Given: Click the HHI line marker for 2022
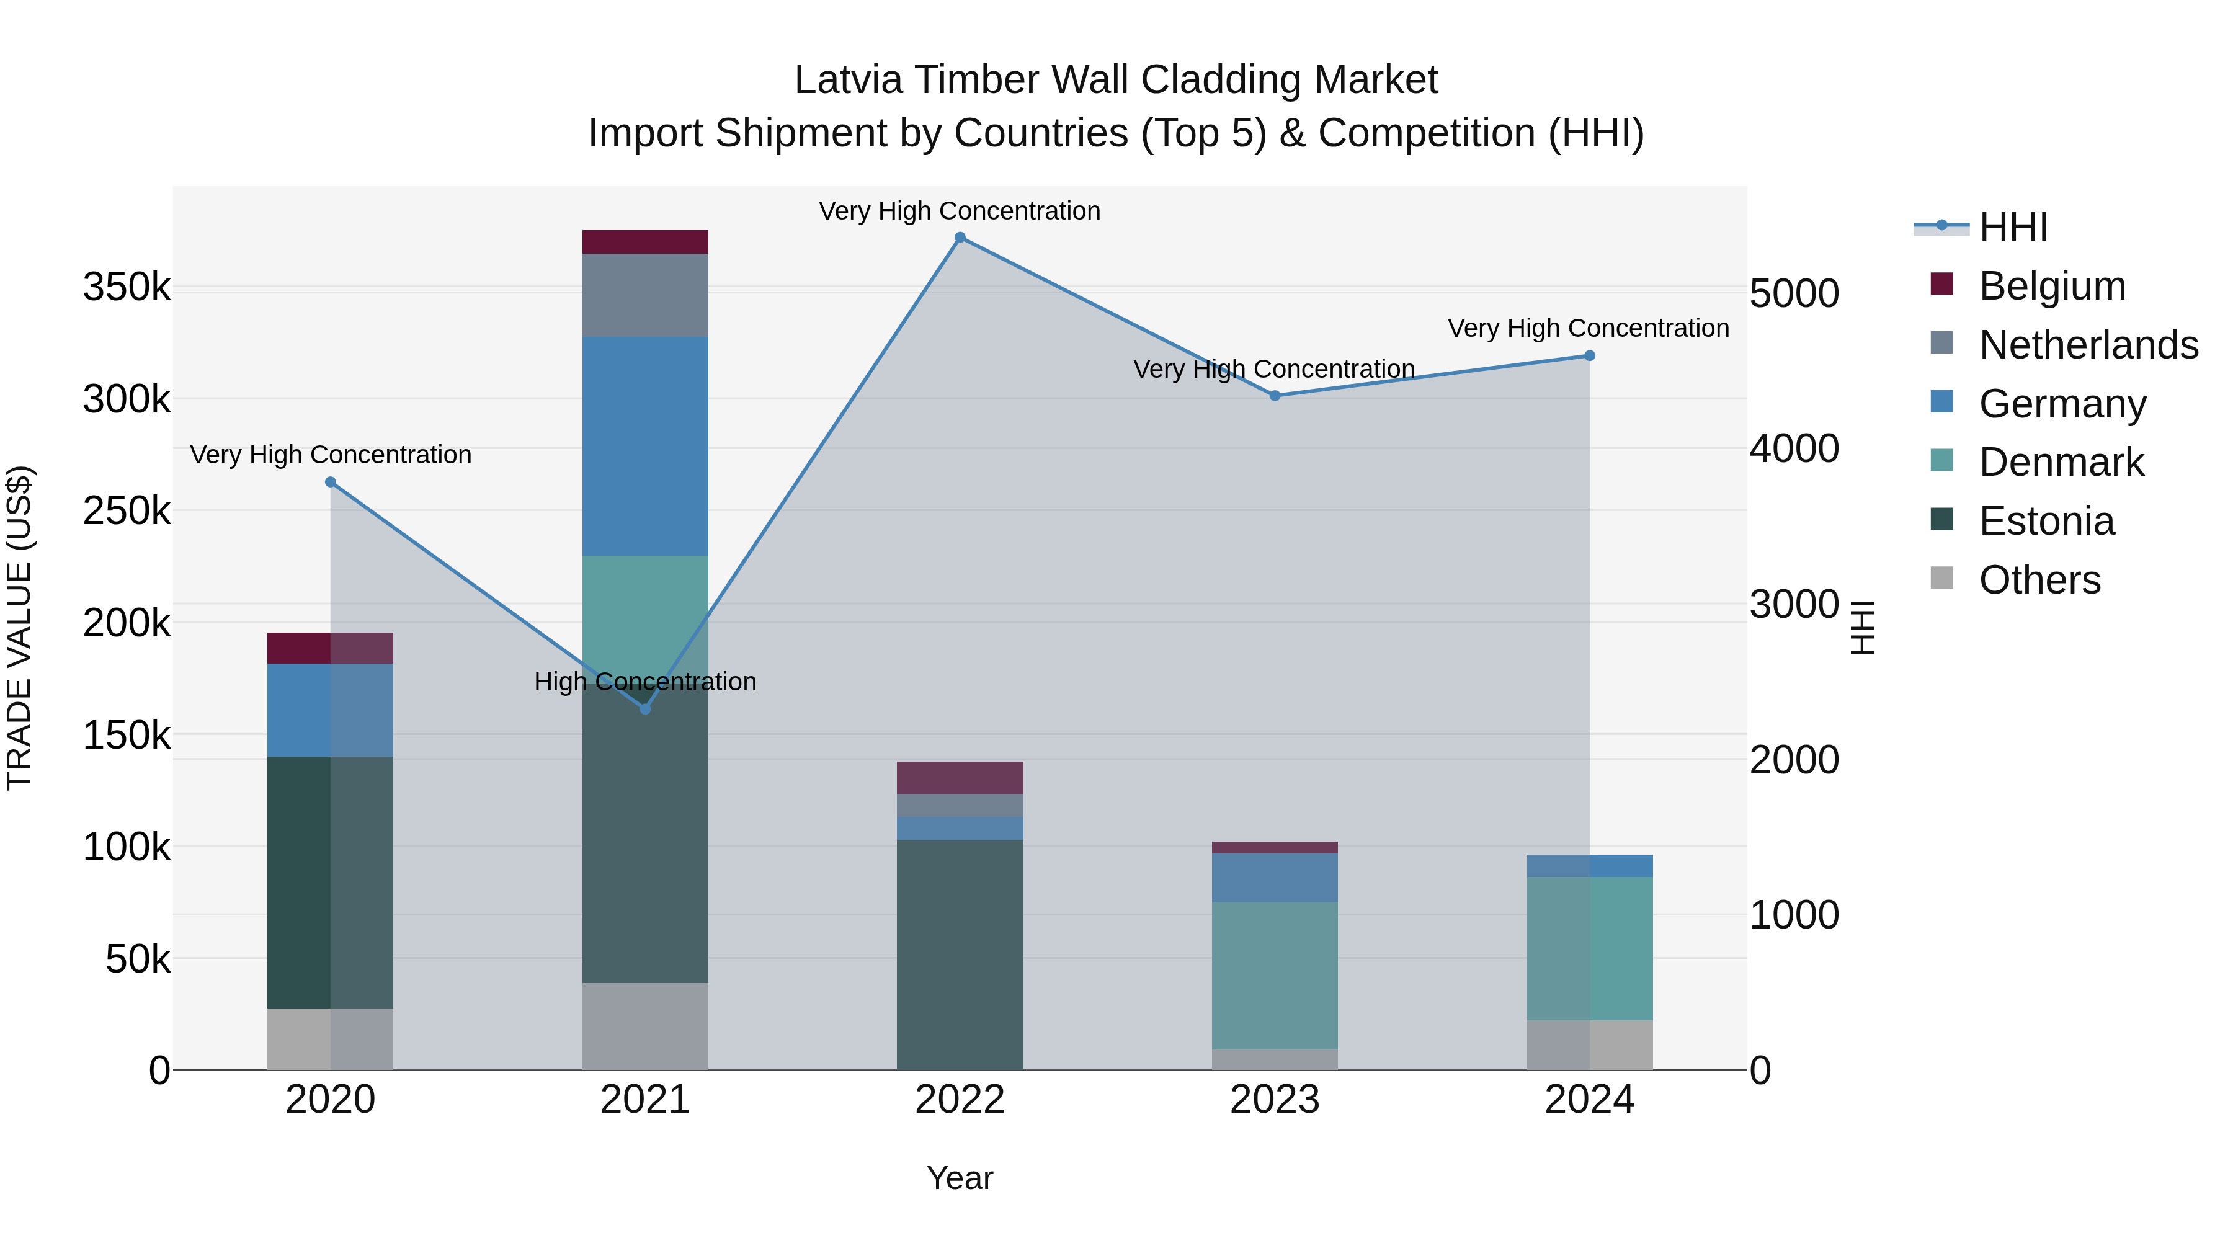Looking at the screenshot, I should [x=960, y=238].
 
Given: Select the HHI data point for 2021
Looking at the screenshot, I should [x=645, y=709].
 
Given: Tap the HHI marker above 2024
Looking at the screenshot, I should [x=1590, y=355].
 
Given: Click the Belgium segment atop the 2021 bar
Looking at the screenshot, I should [x=645, y=242].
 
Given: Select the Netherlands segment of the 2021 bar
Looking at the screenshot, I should [x=645, y=295].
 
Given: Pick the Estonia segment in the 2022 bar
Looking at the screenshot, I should [x=960, y=953].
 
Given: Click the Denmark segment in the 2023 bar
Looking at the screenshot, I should [x=1274, y=975].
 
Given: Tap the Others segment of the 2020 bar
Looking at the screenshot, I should [x=329, y=1038].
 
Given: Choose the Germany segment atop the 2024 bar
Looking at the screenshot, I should [x=1590, y=865].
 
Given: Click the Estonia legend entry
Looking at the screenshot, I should [x=2046, y=521].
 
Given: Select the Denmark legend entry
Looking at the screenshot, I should [x=2061, y=462].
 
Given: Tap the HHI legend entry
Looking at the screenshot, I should [x=2013, y=227].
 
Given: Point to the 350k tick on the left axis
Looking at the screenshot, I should [x=127, y=287].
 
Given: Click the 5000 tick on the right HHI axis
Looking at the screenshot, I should [x=1793, y=294].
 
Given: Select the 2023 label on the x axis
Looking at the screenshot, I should [x=1274, y=1100].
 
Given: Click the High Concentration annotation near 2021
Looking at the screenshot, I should [x=645, y=681].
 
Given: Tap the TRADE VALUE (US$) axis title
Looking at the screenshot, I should [x=19, y=628].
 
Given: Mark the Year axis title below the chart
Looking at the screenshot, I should [x=960, y=1178].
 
